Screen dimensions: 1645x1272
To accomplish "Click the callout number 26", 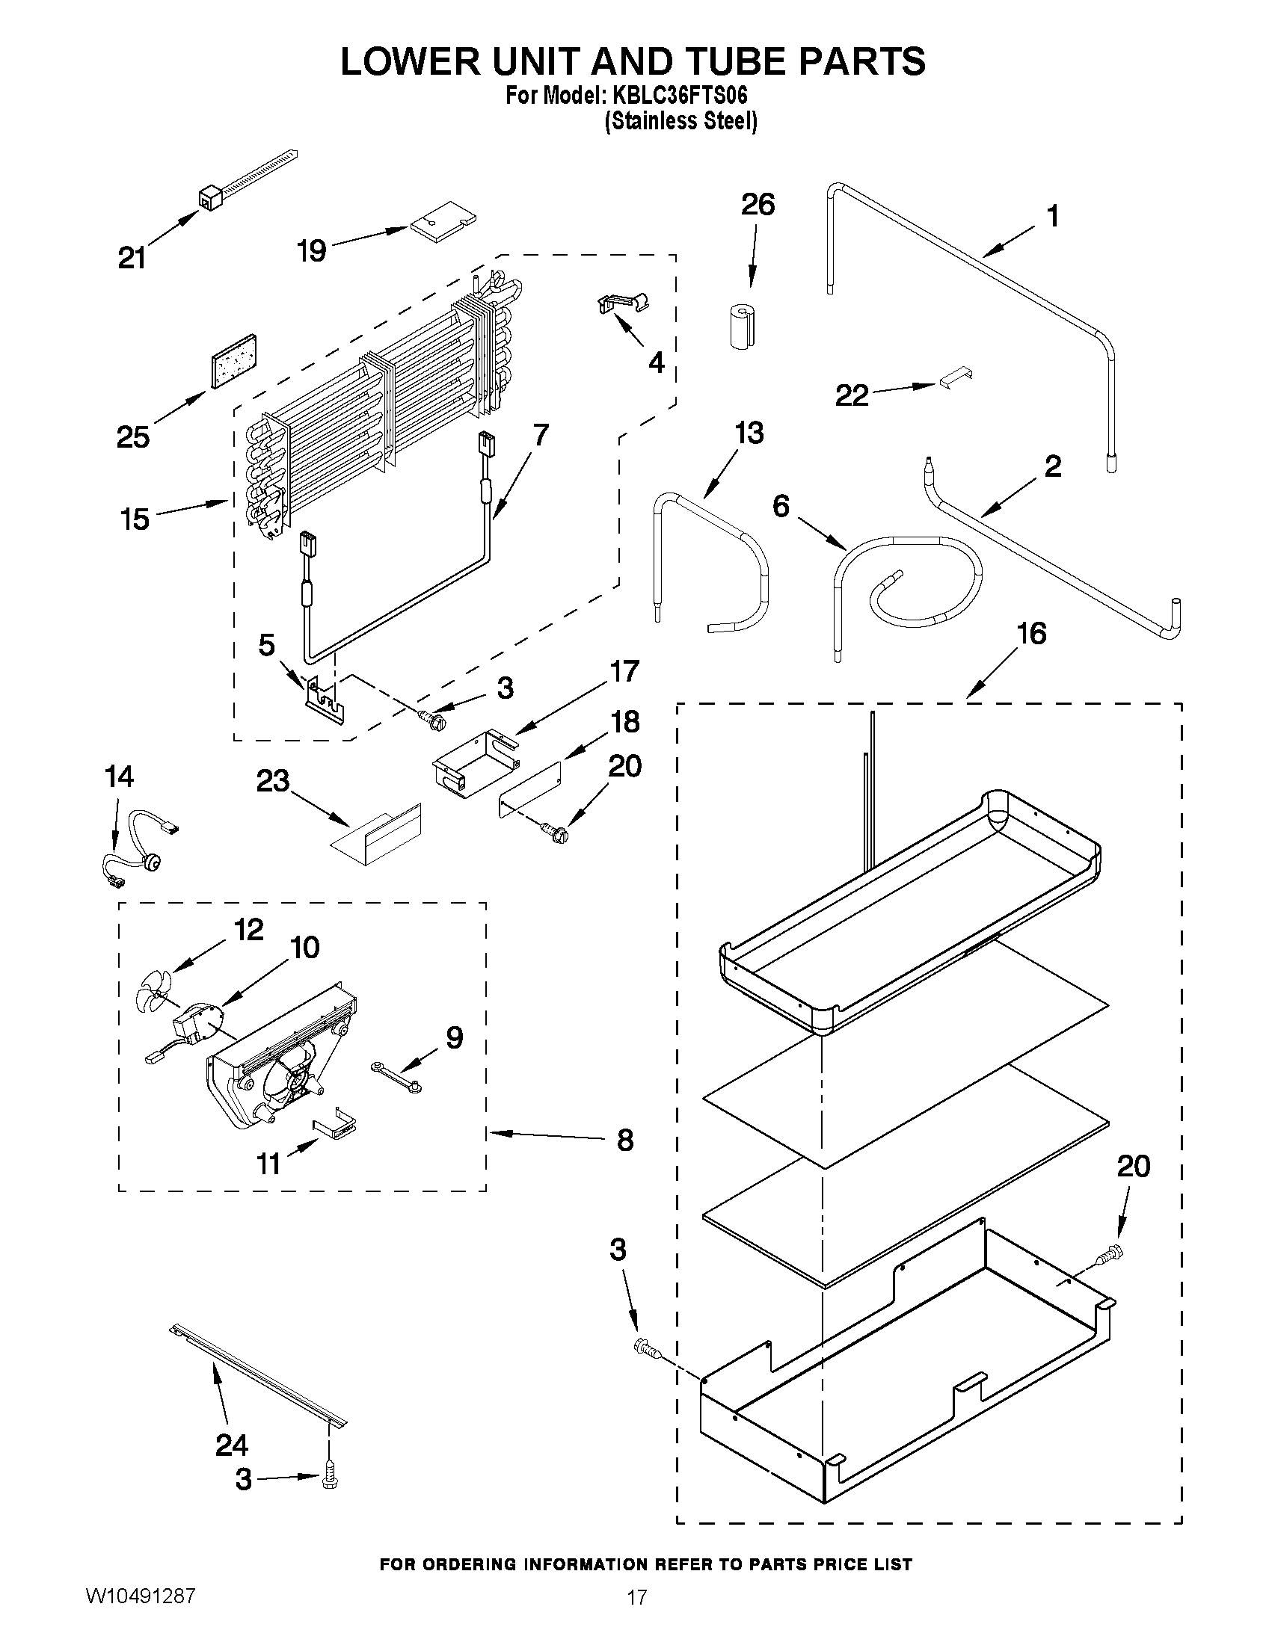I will pyautogui.click(x=758, y=205).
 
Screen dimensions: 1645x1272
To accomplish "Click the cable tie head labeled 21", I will pyautogui.click(x=209, y=200).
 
